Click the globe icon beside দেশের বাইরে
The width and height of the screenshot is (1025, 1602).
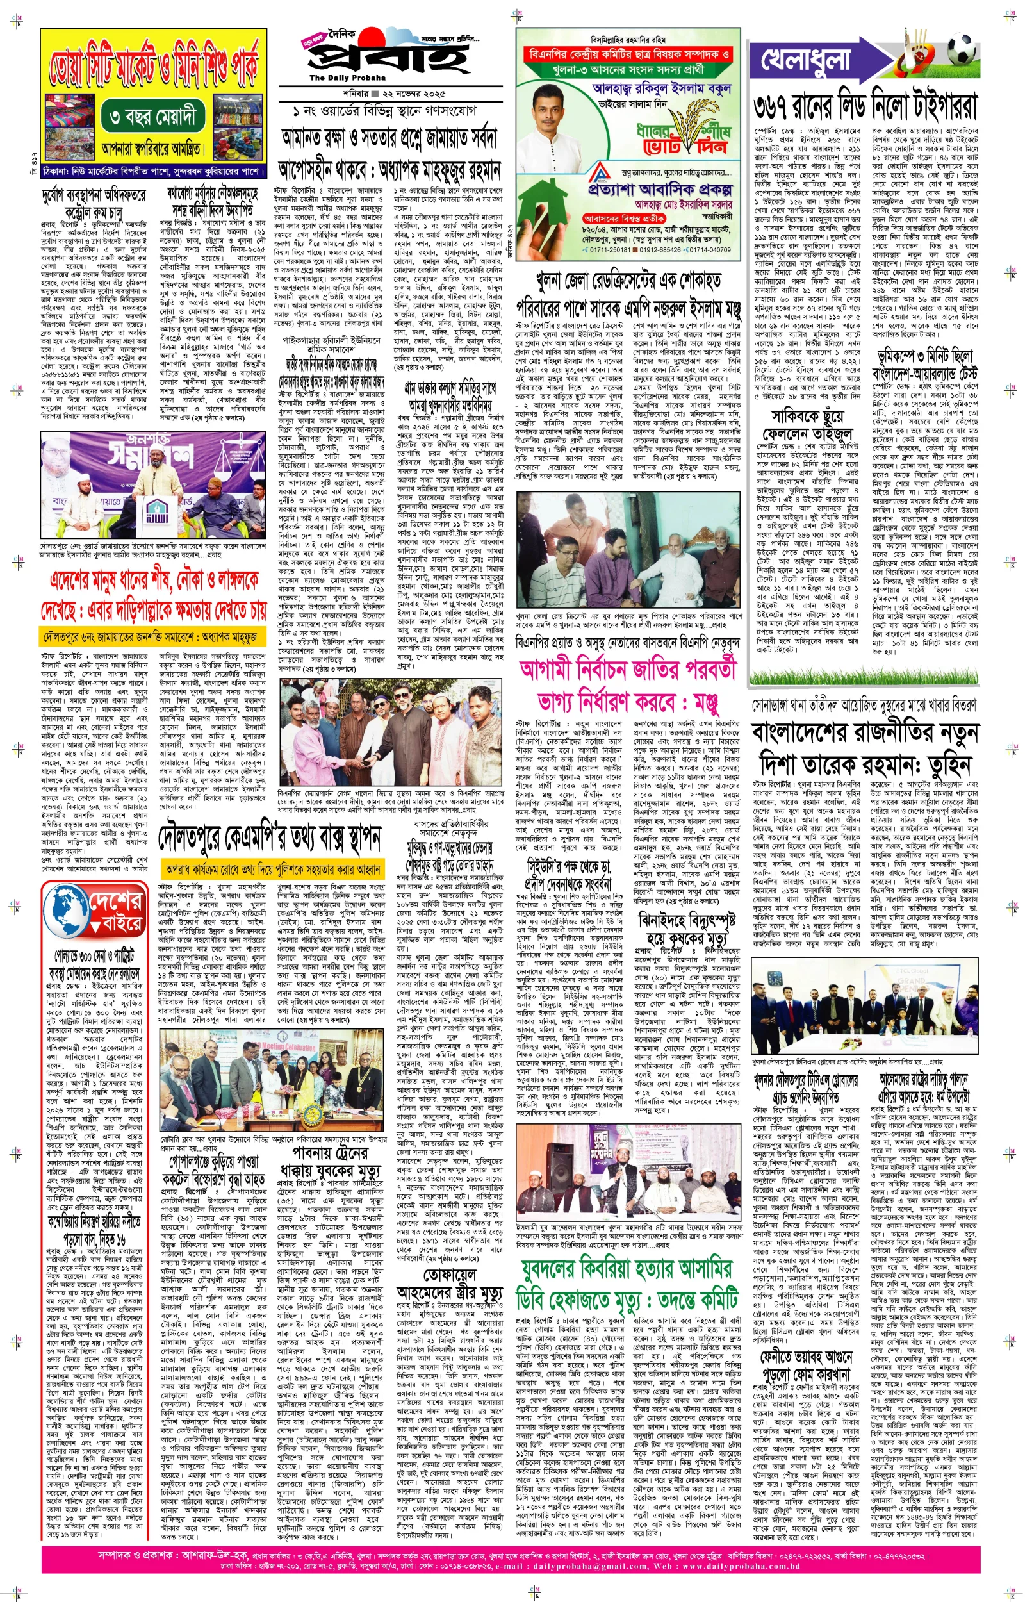(x=66, y=911)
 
